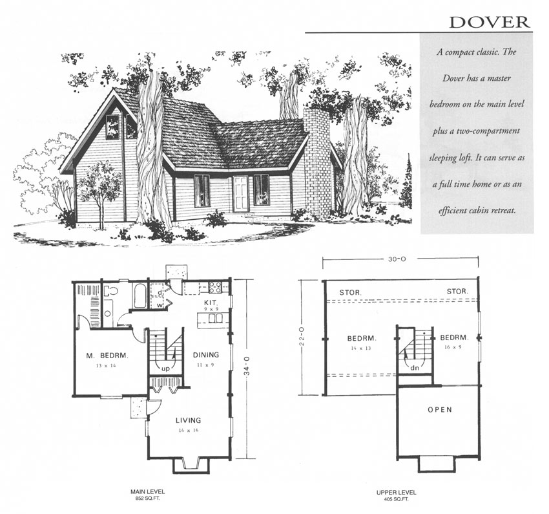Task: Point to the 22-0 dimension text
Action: click(302, 337)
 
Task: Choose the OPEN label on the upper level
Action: click(440, 409)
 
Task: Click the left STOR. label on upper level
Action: click(351, 292)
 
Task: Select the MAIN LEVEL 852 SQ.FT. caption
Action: click(146, 496)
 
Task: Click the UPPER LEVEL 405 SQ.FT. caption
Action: click(393, 496)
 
